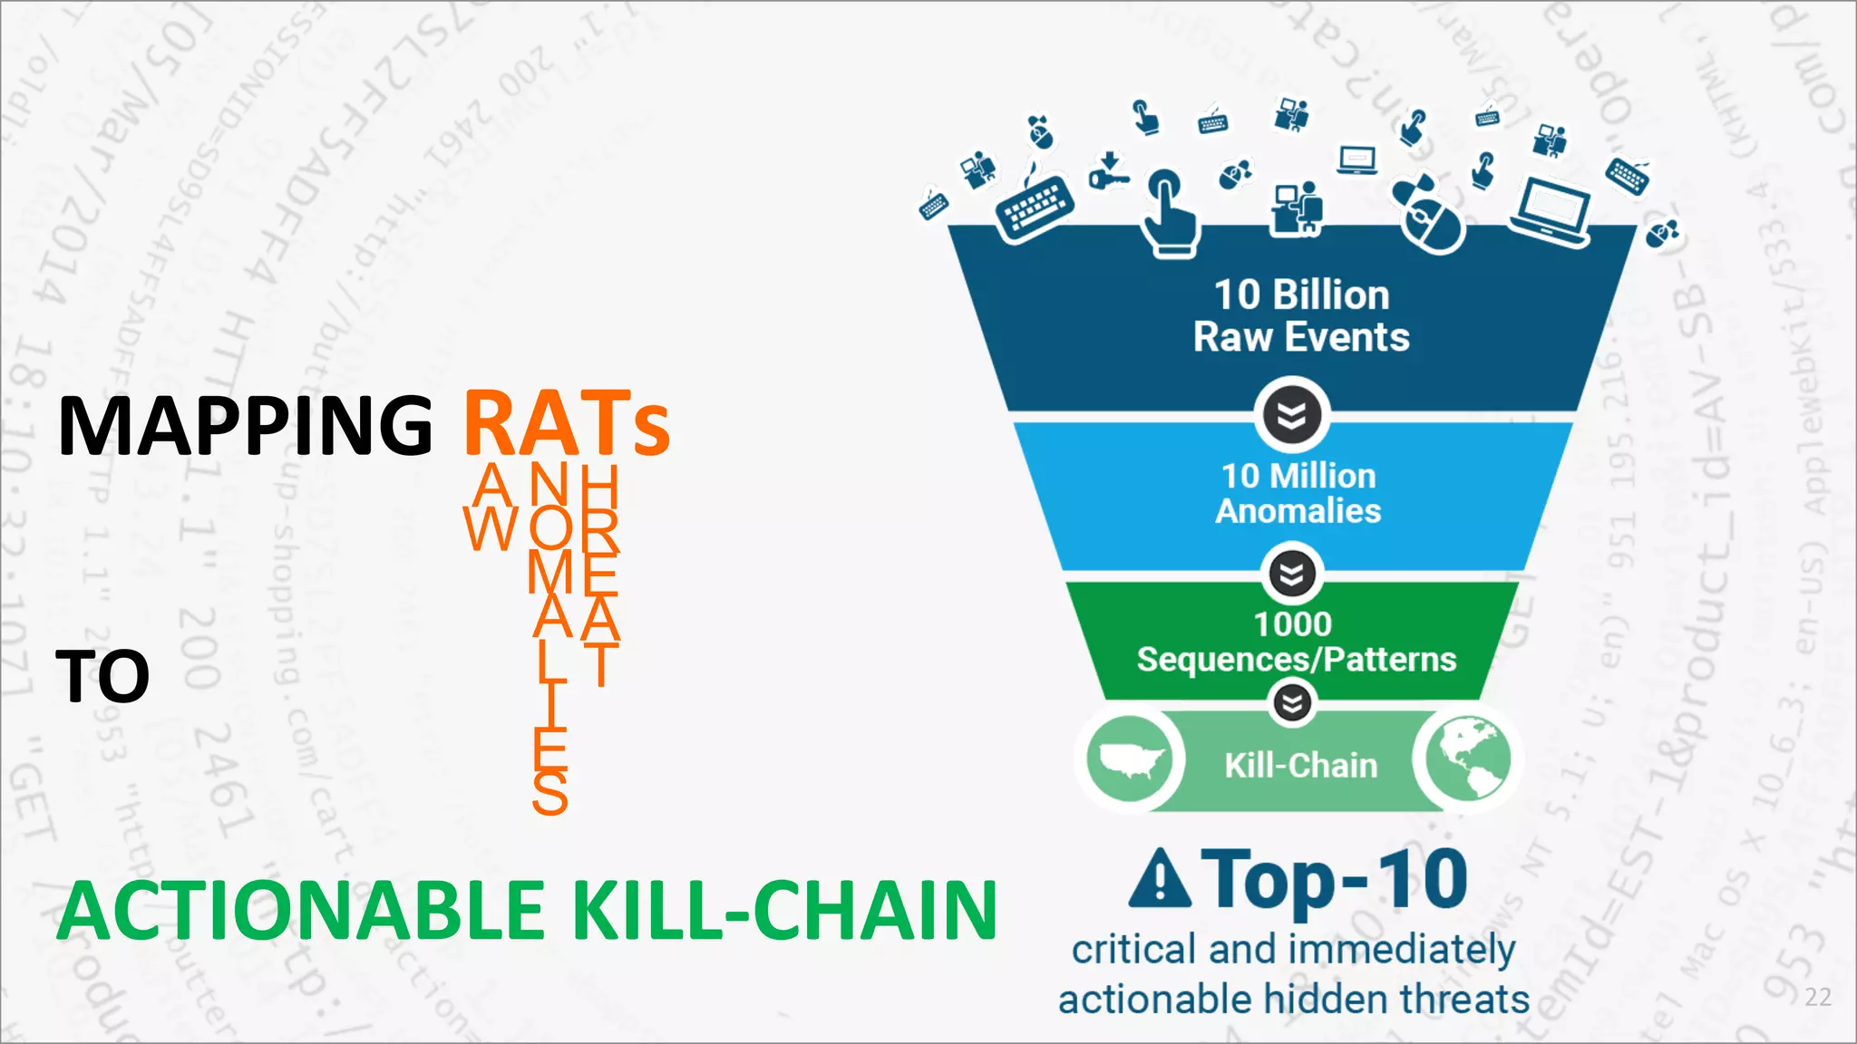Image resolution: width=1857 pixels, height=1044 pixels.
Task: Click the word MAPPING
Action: (245, 426)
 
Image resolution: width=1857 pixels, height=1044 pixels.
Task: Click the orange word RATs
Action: (567, 424)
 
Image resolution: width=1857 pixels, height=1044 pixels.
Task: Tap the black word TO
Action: (102, 676)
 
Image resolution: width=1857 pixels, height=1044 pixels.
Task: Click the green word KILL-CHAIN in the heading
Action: (784, 912)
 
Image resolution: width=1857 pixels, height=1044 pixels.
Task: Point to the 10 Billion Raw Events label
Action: (1301, 315)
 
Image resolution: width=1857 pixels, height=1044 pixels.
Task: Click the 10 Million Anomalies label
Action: (1298, 493)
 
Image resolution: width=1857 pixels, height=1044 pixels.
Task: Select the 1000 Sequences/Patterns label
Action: (1296, 642)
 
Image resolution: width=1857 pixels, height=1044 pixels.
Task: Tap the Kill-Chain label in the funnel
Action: (1300, 766)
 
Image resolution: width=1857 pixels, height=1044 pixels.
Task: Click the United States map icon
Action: (1129, 759)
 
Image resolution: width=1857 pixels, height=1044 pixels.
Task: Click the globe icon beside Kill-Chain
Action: (1467, 758)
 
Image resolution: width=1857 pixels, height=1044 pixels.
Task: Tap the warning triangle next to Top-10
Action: (1160, 878)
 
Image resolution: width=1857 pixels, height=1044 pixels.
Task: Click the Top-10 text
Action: (1334, 879)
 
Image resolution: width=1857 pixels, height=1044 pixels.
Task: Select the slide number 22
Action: (1817, 997)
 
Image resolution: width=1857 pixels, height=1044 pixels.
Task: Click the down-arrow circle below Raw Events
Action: (1292, 415)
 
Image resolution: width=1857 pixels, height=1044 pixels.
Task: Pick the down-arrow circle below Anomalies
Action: (1292, 574)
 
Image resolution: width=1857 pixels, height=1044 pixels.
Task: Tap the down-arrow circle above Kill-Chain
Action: (1292, 703)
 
